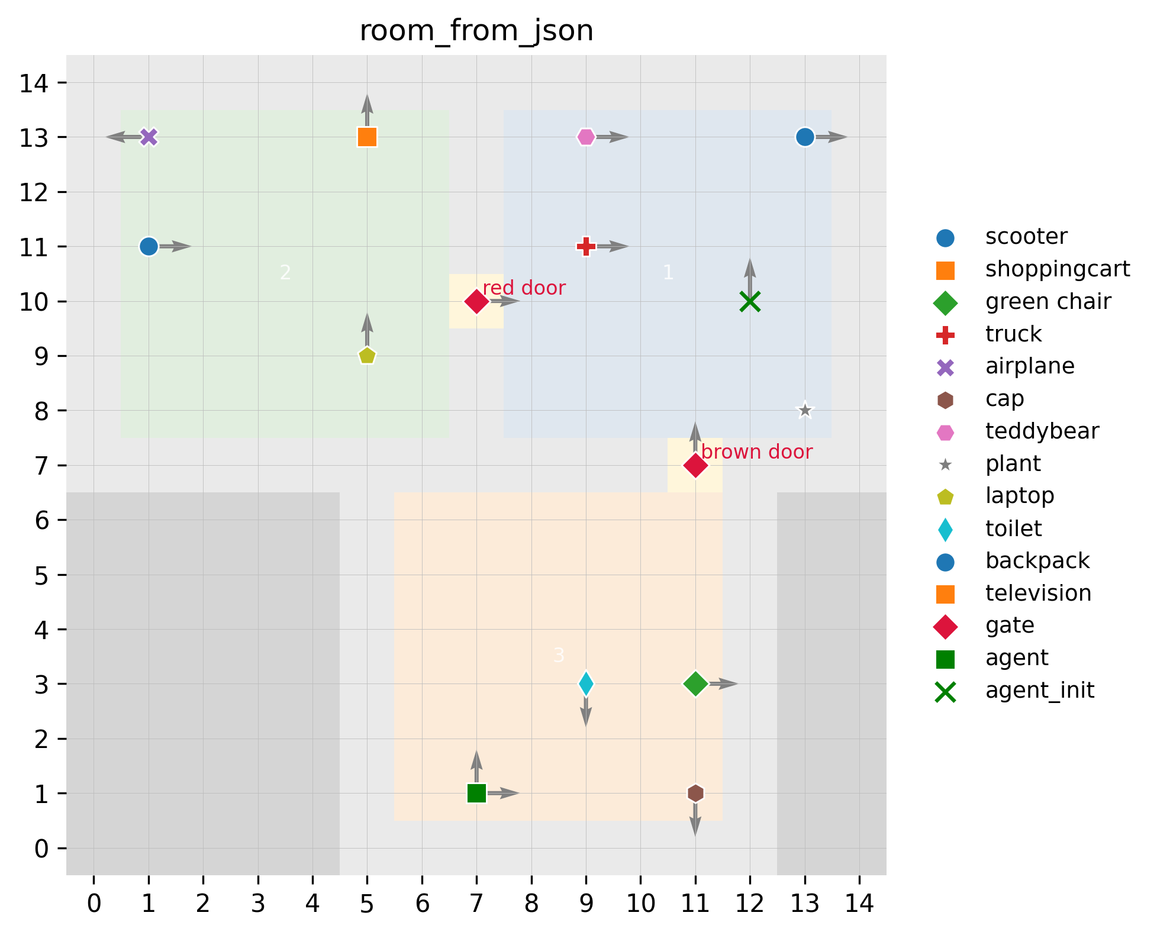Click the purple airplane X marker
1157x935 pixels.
pos(149,137)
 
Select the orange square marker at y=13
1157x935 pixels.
pos(367,137)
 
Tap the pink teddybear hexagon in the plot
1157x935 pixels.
pos(586,137)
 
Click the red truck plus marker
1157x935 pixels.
pos(586,246)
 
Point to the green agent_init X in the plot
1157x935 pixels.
pos(750,301)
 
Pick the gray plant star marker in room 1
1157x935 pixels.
pos(804,410)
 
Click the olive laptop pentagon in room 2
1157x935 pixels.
pos(367,356)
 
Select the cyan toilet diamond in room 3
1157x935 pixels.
pos(586,684)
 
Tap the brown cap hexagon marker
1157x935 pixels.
pos(695,793)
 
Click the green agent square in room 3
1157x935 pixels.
pos(476,793)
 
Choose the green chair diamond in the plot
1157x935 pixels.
pos(695,684)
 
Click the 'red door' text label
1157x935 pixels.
pos(524,288)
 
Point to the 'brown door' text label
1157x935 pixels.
pos(756,452)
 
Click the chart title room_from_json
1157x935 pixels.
pos(476,31)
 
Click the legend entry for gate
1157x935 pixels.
pos(1010,626)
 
